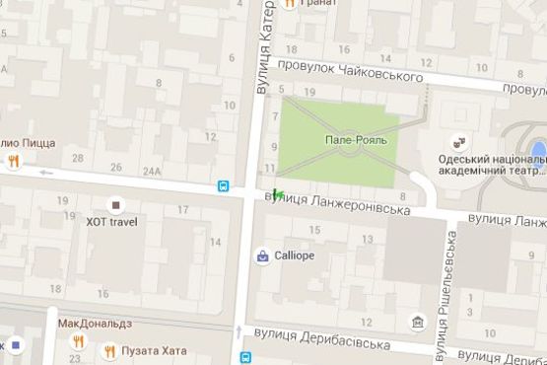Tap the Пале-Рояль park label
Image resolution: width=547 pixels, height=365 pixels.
[356, 140]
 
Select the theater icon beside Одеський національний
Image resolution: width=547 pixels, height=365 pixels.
[457, 141]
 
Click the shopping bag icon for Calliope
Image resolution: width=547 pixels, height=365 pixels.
[262, 255]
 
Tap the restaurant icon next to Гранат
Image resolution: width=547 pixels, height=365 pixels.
[289, 4]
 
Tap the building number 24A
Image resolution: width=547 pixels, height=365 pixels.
[152, 170]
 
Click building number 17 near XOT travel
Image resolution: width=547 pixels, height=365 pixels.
[182, 210]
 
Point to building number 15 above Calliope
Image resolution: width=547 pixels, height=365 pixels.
[314, 230]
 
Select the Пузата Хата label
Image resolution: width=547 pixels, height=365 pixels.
[146, 351]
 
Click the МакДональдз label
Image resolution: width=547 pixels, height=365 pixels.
[94, 323]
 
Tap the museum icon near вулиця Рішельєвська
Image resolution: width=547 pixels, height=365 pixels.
[420, 323]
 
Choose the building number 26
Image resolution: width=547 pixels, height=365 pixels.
[116, 167]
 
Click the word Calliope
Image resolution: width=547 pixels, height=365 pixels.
[294, 255]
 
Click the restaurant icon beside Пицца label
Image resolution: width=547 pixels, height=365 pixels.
[13, 161]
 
